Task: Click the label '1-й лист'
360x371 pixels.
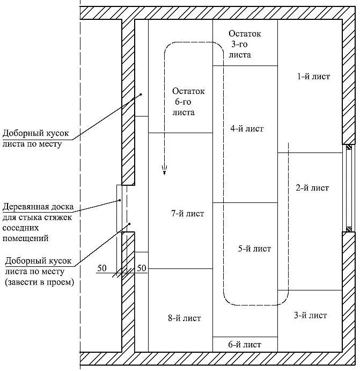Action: pos(313,77)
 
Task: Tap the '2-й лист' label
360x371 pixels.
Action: pos(312,188)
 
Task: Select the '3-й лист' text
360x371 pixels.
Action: pos(310,315)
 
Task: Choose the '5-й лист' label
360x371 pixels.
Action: pos(254,249)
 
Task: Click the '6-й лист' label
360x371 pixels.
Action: pos(245,344)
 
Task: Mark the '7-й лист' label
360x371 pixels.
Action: pos(188,214)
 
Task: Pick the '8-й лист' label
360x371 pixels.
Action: pos(184,318)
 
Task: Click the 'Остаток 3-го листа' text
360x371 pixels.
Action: pos(245,44)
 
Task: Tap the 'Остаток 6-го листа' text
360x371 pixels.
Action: pos(188,102)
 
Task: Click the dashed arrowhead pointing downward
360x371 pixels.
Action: pos(165,171)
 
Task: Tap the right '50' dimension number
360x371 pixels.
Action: pos(142,267)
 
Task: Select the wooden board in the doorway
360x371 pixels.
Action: pos(119,208)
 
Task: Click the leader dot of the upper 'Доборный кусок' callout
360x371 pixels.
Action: pos(141,94)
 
